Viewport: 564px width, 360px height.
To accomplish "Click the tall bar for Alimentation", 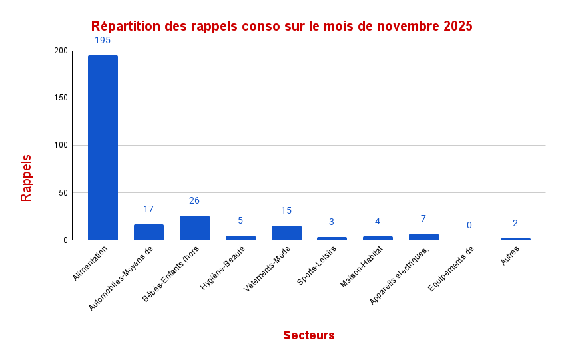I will tap(103, 148).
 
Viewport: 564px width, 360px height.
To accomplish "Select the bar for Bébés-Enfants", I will tap(194, 228).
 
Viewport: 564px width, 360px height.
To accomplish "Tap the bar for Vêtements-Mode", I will tap(286, 233).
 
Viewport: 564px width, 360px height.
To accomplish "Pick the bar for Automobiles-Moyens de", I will tap(148, 232).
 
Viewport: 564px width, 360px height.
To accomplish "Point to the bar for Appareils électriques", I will tap(423, 236).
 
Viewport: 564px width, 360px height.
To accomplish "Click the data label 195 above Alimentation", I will tap(103, 40).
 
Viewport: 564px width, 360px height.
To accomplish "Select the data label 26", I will tap(194, 200).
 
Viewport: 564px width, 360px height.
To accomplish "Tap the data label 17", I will tap(148, 209).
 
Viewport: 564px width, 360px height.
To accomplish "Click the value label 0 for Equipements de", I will tap(469, 225).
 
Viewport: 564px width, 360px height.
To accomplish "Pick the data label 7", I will tap(423, 218).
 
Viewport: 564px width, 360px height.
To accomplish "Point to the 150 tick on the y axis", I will tap(61, 98).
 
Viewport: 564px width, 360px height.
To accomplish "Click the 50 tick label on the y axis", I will tap(63, 193).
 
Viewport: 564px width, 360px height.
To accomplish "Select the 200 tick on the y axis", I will tap(61, 51).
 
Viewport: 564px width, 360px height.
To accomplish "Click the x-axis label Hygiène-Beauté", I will tap(223, 268).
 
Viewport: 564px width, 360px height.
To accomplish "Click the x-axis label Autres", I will tap(510, 256).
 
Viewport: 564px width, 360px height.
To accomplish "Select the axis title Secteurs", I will tap(308, 335).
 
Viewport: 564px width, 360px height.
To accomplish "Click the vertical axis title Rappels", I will tap(26, 178).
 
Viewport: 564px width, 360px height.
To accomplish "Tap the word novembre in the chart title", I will tap(408, 27).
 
